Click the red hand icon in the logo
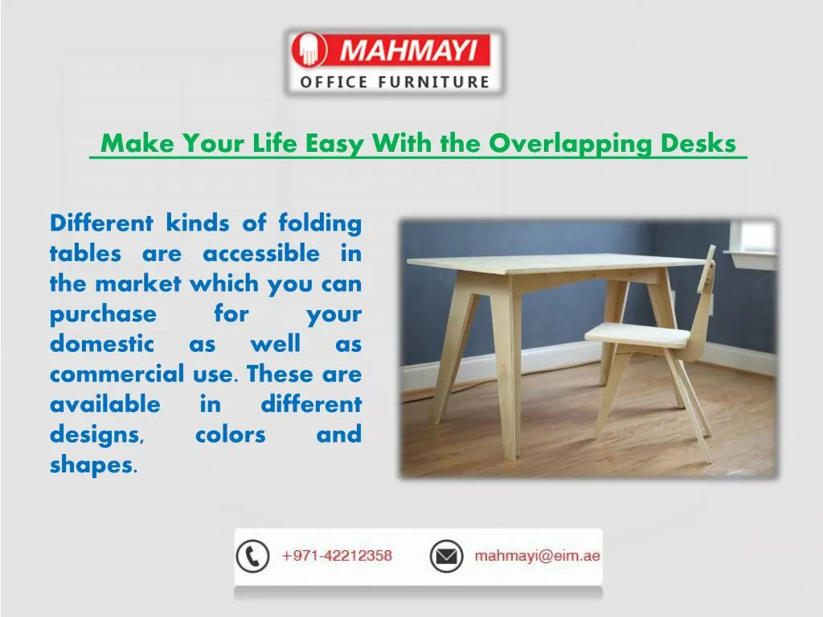[309, 51]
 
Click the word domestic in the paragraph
[101, 344]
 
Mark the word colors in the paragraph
[231, 435]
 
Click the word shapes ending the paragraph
[92, 465]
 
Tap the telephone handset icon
[252, 556]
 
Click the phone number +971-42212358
[337, 556]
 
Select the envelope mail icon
[446, 556]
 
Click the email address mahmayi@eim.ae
[537, 556]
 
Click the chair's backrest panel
[705, 281]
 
